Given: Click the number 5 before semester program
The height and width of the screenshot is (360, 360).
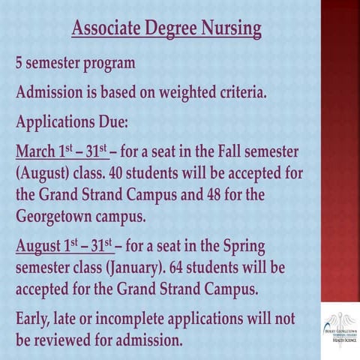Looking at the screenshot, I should pyautogui.click(x=20, y=63).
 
